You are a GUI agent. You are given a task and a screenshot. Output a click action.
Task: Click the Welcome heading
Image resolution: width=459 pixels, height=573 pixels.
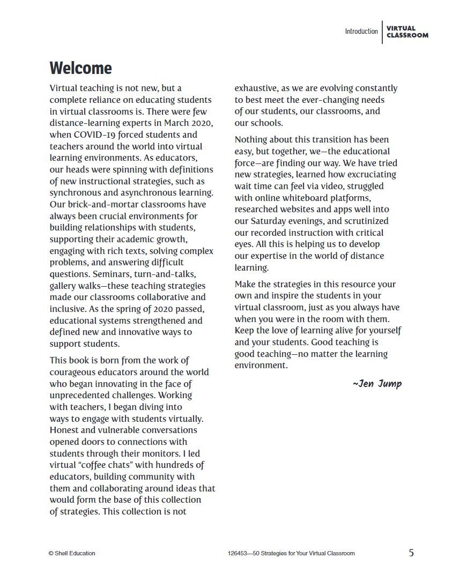point(80,68)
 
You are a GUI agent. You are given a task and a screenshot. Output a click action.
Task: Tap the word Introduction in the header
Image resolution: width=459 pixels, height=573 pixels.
point(361,32)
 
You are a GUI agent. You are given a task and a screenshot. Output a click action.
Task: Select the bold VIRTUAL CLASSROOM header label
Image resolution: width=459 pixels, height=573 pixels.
point(407,32)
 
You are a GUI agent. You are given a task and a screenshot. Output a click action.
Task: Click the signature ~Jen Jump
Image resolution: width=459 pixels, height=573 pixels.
point(377,383)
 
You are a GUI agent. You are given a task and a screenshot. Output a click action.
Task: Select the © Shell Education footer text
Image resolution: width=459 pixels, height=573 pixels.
point(72,553)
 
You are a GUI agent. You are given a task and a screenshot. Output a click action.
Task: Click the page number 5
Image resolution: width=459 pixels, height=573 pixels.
point(411,553)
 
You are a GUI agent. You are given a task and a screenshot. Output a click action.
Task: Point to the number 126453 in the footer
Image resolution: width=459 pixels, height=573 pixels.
point(238,553)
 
